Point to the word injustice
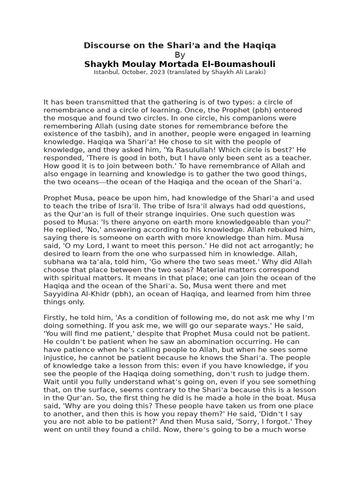(x=58, y=357)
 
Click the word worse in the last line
(x=295, y=429)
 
